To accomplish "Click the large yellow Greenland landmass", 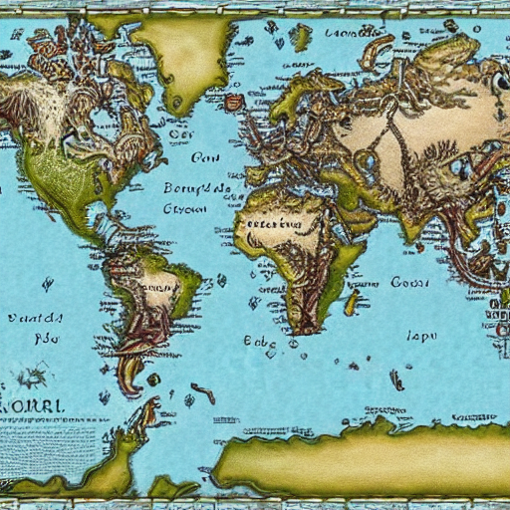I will [x=185, y=55].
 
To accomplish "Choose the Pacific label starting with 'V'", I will [x=34, y=319].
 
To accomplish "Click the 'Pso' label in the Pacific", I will [x=39, y=339].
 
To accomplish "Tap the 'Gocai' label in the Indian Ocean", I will [x=408, y=283].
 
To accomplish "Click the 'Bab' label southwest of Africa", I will [x=258, y=340].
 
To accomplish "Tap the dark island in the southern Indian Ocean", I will [x=396, y=380].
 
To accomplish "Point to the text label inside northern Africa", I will [x=274, y=224].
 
